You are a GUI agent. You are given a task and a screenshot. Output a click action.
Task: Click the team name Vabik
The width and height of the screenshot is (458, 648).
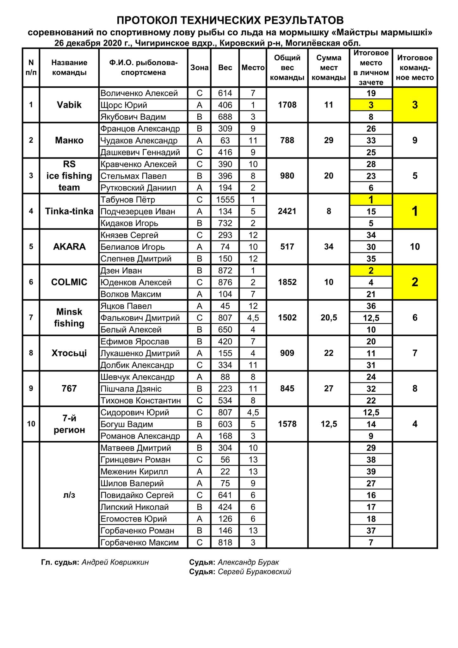pos(69,105)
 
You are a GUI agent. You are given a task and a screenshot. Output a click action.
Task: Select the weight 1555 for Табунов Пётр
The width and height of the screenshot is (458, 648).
pos(225,200)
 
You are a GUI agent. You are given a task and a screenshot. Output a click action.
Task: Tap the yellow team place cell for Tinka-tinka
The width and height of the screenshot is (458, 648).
pos(415,211)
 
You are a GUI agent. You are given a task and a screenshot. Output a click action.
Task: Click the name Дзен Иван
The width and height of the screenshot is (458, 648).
pos(121,271)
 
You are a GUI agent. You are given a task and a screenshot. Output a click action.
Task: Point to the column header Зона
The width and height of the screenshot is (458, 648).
pos(199,67)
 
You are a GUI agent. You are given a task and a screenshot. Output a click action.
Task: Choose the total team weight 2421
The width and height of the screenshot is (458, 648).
pos(287,211)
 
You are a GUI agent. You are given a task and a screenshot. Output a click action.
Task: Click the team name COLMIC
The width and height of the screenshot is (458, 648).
pos(69,282)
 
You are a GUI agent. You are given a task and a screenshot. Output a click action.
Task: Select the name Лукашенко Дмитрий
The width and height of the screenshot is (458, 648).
pos(140,353)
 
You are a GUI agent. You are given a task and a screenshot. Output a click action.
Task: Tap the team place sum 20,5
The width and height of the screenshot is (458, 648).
pos(329,317)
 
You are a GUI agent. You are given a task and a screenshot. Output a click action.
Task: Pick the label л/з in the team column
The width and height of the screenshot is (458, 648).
pos(69,495)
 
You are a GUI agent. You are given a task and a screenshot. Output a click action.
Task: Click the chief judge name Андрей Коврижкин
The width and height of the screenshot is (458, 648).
pos(115,562)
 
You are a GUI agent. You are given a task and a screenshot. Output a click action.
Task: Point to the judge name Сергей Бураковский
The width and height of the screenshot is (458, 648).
pos(254,572)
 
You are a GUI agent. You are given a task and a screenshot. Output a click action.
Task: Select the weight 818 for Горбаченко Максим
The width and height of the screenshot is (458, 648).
pos(225,542)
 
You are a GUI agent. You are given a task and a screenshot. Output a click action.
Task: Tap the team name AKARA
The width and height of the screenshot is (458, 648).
pos(69,246)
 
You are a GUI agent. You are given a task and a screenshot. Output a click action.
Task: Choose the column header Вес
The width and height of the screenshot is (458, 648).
pos(225,67)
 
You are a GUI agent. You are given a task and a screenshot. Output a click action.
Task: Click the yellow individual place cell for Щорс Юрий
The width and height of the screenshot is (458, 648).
pos(371,105)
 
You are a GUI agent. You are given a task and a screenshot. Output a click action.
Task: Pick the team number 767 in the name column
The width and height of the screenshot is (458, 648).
pos(69,388)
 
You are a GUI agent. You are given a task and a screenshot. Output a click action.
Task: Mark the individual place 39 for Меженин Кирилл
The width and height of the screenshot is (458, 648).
pos(371,471)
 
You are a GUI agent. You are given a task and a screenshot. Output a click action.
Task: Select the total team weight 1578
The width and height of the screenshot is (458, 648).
pos(287,424)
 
